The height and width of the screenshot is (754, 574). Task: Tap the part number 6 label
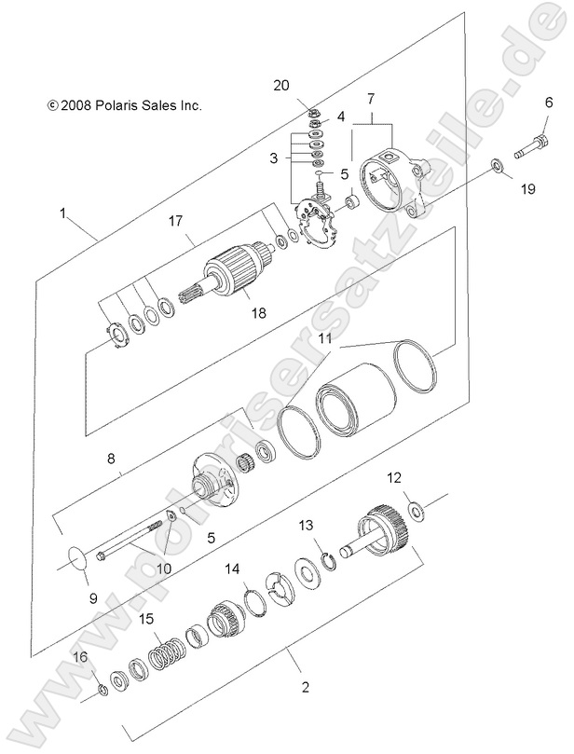(x=549, y=104)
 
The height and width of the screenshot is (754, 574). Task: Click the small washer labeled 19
(x=499, y=166)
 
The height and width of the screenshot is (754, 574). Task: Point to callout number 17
(x=174, y=221)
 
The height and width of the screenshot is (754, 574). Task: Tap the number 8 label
(x=111, y=458)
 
